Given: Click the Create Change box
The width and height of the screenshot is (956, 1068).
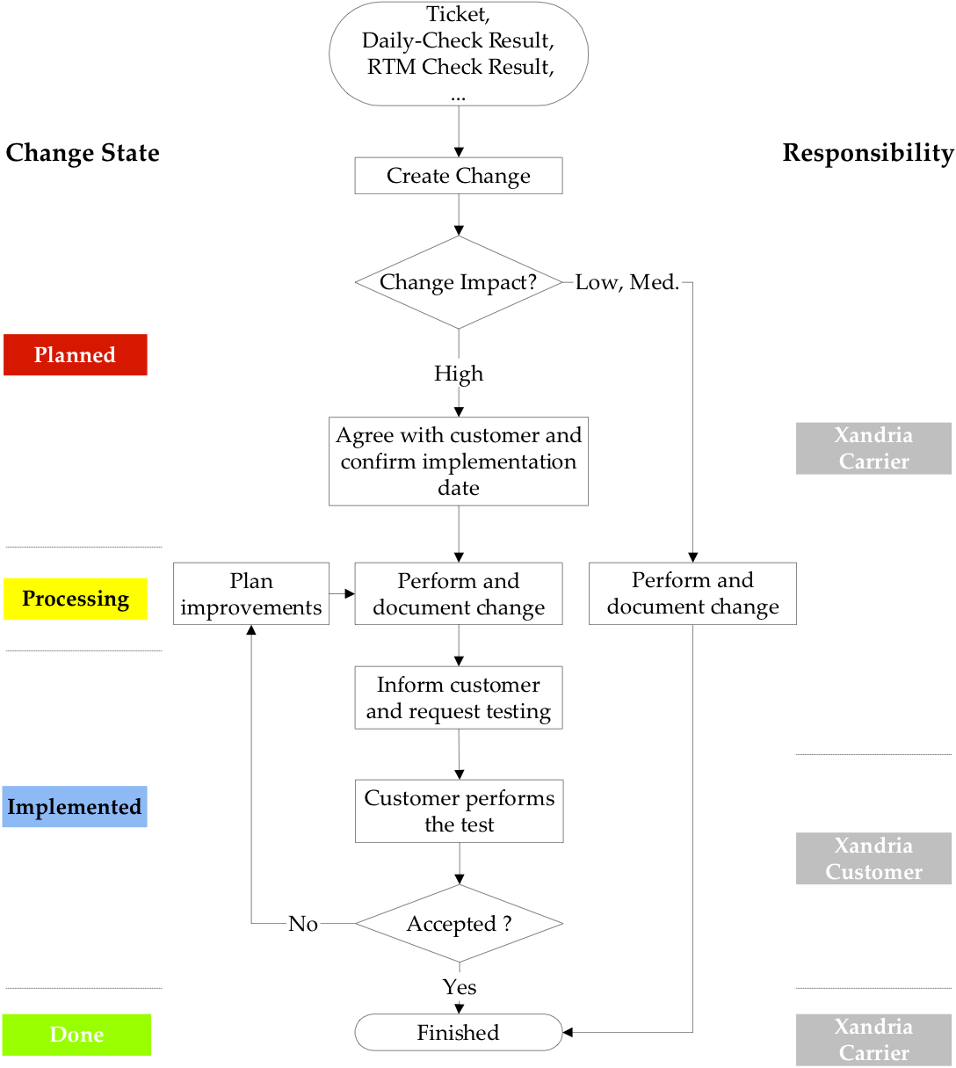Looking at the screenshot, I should (458, 176).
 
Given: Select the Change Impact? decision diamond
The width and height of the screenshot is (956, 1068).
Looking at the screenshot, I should (458, 282).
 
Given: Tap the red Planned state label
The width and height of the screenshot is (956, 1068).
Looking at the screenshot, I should (75, 355).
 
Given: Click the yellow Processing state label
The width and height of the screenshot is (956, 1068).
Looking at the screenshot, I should (75, 599).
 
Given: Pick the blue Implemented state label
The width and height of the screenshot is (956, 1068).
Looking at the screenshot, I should (75, 807).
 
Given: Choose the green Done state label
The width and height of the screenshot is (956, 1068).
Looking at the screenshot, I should (76, 1035).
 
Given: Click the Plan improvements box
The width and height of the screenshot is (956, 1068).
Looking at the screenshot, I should (251, 594).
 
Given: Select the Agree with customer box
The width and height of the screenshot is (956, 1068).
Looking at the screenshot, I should (458, 461).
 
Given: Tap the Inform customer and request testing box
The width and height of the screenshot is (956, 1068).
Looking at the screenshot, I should (458, 698).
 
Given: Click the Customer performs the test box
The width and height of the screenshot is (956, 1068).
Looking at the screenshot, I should (459, 811).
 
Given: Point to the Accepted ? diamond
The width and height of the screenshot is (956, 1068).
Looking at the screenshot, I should (459, 924).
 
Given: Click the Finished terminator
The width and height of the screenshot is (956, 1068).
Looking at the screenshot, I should (458, 1033).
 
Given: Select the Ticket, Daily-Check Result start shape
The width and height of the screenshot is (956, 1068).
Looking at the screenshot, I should (458, 54).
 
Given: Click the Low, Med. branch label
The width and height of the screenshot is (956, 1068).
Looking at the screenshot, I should (626, 283).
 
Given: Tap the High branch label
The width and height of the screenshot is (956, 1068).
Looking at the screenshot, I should (458, 374).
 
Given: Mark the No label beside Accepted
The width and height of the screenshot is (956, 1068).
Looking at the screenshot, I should (303, 924).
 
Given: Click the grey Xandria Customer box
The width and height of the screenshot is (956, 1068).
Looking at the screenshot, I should (873, 859).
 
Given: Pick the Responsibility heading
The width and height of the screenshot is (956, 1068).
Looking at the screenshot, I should (867, 153).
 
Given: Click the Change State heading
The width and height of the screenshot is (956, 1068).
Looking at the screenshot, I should (83, 153).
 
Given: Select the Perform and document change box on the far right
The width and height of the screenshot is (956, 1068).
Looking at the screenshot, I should (692, 594).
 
